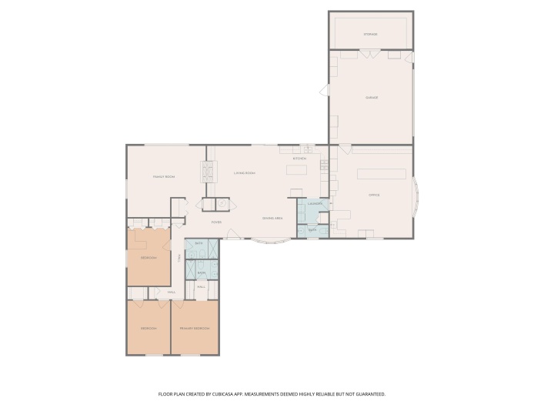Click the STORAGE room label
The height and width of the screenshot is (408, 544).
tap(370, 35)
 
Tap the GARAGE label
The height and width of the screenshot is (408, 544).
tap(371, 98)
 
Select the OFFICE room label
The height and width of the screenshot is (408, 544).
tap(374, 195)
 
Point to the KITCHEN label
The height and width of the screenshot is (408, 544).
tap(299, 159)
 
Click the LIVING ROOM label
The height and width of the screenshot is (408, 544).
tap(245, 173)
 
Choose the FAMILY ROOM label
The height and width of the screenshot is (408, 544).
tap(164, 177)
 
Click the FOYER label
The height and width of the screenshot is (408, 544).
tap(217, 222)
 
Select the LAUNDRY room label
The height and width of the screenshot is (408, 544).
tap(315, 204)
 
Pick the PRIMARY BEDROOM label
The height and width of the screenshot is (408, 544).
tap(195, 329)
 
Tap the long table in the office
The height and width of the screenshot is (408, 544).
tap(381, 174)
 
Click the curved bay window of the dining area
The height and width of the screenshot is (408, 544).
tap(272, 242)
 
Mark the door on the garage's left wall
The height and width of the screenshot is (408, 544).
tap(324, 90)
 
